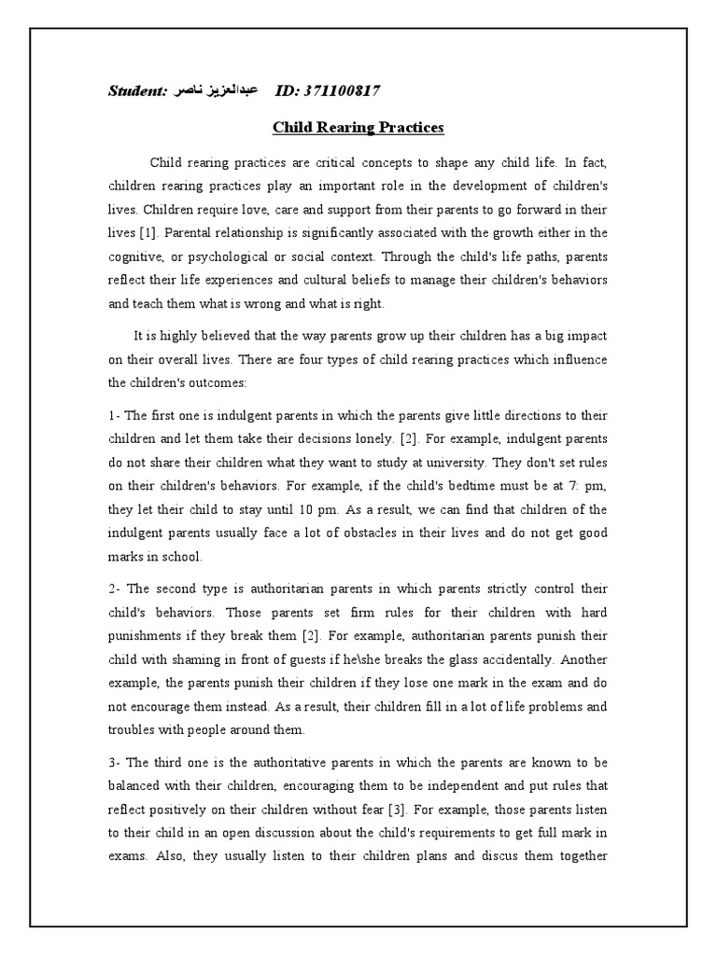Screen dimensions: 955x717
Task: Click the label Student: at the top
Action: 137,90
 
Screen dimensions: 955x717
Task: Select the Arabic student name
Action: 219,90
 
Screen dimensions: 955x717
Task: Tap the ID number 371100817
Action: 327,90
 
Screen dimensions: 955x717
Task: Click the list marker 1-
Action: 116,416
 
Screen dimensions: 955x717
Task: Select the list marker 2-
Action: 116,590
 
